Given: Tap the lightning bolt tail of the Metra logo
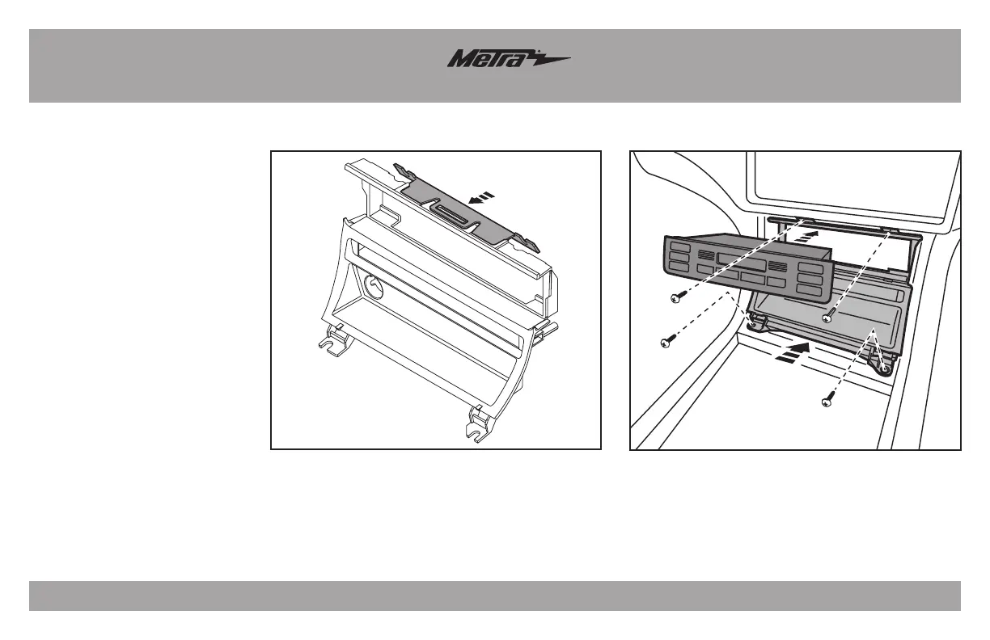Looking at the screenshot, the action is [550, 59].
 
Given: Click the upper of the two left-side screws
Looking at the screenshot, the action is [676, 299].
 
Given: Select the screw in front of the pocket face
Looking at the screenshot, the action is [827, 318].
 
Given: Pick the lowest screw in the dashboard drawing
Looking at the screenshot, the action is [827, 401].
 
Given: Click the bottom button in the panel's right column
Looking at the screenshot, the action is [806, 288].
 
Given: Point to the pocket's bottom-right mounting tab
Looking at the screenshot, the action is [883, 368].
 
